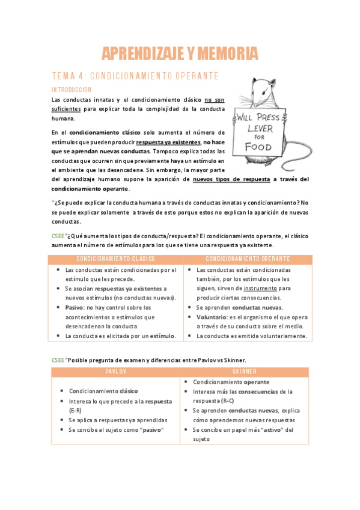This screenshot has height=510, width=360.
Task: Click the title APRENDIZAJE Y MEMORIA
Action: pyautogui.click(x=180, y=54)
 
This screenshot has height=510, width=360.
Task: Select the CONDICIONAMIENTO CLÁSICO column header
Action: pyautogui.click(x=115, y=259)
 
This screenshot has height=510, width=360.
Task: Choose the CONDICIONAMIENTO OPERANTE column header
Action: pyautogui.click(x=248, y=259)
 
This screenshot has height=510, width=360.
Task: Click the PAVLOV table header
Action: pyautogui.click(x=115, y=372)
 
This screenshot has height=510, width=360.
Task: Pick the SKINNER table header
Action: pyautogui.click(x=243, y=372)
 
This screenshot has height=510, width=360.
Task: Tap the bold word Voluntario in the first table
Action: pyautogui.click(x=212, y=317)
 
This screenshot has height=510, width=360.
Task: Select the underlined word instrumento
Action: pyautogui.click(x=260, y=288)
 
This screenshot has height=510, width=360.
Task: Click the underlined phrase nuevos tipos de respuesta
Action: pyautogui.click(x=231, y=179)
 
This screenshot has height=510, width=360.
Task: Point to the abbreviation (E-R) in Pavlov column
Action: pyautogui.click(x=76, y=410)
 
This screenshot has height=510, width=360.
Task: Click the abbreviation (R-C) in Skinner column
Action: pyautogui.click(x=227, y=401)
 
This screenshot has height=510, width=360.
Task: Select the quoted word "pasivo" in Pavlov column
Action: pyautogui.click(x=149, y=429)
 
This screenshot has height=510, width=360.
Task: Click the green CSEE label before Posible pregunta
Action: pyautogui.click(x=58, y=360)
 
